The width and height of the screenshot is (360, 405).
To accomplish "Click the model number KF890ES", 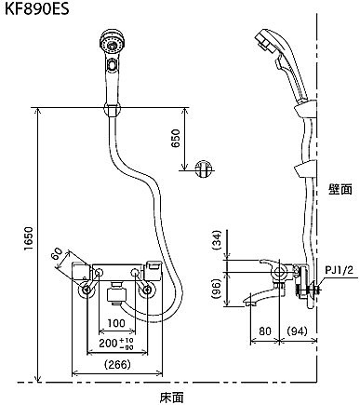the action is pos(37,8).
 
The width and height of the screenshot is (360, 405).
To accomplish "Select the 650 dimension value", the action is pos(176,139).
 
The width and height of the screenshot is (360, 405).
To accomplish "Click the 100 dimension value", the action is pos(116,323).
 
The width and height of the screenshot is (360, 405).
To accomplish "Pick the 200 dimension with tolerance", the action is pos(116,344).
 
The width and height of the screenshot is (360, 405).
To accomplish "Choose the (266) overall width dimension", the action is pos(117,364).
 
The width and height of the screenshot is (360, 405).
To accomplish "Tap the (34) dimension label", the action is pos(217,240).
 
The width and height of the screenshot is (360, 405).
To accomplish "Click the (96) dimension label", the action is pos(217,289).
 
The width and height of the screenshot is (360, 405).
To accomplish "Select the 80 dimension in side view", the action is pos(265,331).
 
